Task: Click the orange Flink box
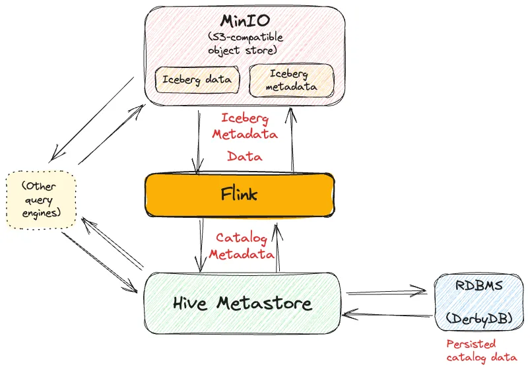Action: [x=238, y=195]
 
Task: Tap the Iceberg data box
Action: [x=197, y=80]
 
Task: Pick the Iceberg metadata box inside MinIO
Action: [x=291, y=81]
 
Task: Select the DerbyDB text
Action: [x=479, y=318]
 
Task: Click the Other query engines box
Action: [x=41, y=200]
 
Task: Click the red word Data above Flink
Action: [x=244, y=156]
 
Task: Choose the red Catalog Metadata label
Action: [x=242, y=246]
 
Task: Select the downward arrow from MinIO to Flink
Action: [x=199, y=142]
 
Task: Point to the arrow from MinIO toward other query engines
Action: [x=92, y=119]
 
